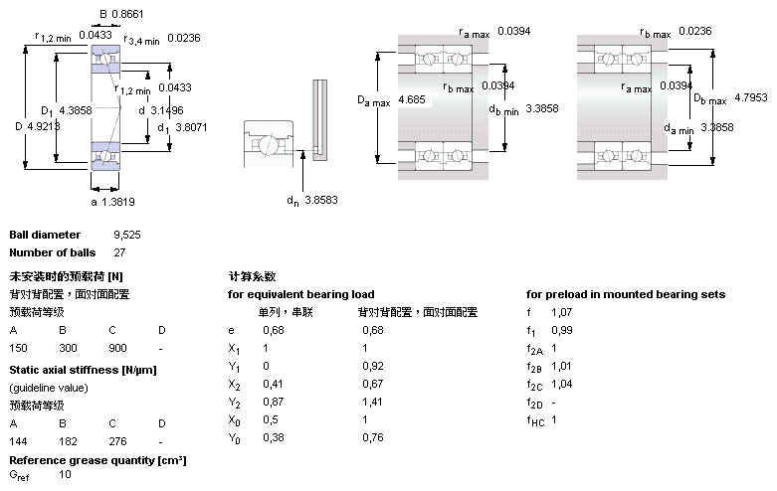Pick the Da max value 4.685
point(413,100)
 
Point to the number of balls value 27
point(120,252)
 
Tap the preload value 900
point(117,349)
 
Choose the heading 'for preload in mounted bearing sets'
point(625,294)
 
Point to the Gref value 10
point(66,474)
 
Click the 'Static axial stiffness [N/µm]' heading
point(83,370)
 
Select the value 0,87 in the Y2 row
point(271,402)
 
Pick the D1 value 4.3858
point(75,109)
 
